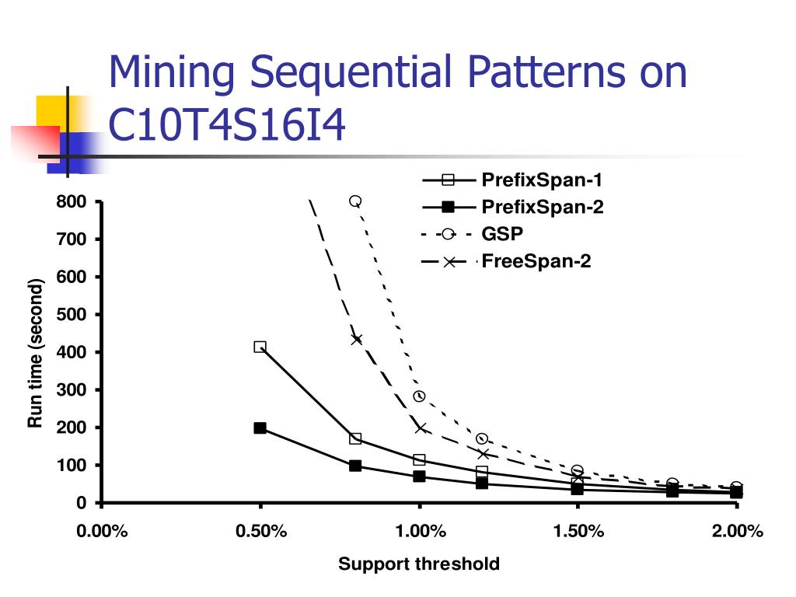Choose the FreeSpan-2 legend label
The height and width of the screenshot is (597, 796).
click(x=536, y=261)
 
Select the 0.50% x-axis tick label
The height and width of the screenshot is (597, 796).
click(x=260, y=532)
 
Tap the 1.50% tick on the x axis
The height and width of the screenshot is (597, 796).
click(x=578, y=532)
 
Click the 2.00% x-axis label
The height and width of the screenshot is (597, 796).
click(x=737, y=532)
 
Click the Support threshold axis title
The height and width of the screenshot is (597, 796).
click(x=419, y=564)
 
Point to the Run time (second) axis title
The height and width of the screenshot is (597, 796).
click(x=35, y=352)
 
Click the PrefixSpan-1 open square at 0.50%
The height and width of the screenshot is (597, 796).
click(x=260, y=347)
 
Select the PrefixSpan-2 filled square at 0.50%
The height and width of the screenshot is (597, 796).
click(x=260, y=428)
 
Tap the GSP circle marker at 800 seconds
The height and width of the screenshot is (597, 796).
click(x=355, y=201)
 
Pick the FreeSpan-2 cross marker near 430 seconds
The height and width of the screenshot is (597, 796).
click(x=356, y=339)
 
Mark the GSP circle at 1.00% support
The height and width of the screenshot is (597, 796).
click(x=419, y=396)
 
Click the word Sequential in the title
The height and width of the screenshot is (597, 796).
click(x=352, y=72)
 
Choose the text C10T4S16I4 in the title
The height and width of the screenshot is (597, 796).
click(x=226, y=124)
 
